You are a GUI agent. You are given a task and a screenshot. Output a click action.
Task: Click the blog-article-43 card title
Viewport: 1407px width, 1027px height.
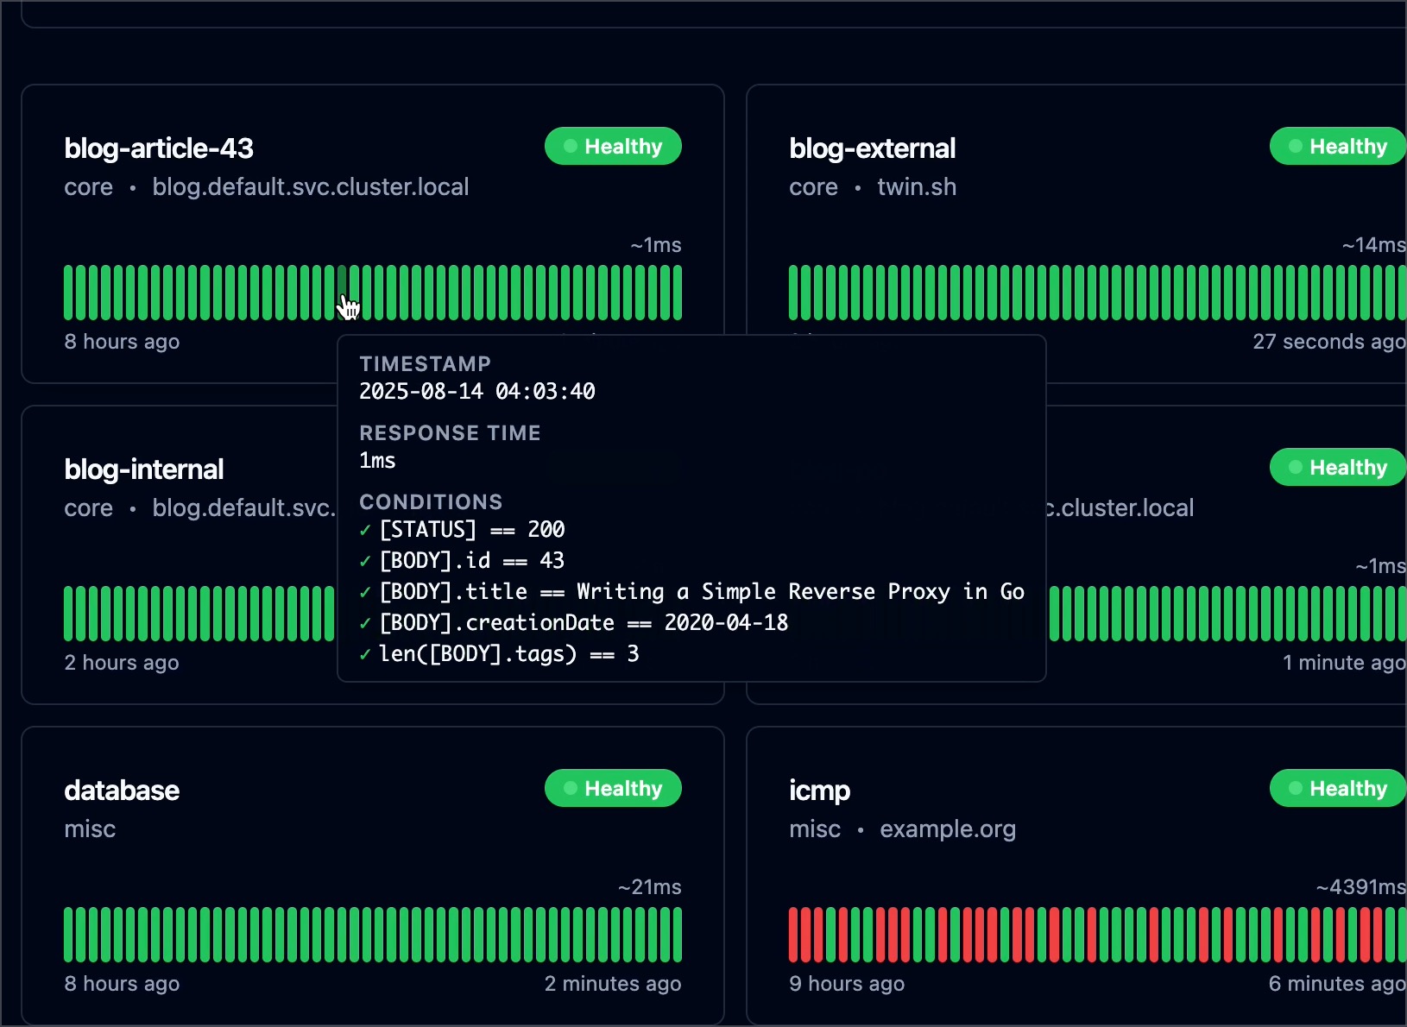point(159,148)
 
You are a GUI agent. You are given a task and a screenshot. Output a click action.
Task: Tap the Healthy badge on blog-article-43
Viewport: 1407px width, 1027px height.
point(613,147)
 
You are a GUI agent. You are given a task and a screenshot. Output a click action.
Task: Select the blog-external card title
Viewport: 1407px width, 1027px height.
point(872,148)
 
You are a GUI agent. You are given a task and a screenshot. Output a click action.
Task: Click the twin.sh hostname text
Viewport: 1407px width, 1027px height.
point(917,187)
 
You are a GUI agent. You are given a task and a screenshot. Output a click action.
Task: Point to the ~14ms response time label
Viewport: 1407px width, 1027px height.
point(1373,245)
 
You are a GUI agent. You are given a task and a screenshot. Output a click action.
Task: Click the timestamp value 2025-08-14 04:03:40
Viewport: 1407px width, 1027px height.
point(477,392)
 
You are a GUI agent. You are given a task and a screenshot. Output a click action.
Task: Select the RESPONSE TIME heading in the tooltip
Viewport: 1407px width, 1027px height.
point(450,433)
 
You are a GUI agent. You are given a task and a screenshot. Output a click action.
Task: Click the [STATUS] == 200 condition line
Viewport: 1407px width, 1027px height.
point(471,530)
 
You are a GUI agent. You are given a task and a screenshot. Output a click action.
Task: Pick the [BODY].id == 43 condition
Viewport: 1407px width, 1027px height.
point(471,561)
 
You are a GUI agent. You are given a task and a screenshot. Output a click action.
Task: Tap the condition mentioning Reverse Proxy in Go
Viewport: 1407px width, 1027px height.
point(701,592)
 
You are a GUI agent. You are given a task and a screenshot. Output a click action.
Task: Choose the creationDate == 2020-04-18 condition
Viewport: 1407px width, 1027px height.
point(584,623)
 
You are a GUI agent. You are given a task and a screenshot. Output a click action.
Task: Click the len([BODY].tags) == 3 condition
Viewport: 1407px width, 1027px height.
point(508,654)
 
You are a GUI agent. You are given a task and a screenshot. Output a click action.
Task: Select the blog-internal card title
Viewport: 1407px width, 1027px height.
point(144,469)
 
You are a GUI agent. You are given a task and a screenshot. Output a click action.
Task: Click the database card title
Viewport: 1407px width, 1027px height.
point(122,791)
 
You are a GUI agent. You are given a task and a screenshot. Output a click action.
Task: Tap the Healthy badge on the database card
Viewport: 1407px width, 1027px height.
point(613,789)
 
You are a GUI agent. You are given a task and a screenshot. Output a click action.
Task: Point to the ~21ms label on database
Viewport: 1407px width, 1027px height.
point(649,887)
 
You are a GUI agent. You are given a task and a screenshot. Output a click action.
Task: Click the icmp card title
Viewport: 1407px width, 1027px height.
point(819,791)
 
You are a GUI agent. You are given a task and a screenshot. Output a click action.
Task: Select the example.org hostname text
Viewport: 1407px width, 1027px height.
point(948,829)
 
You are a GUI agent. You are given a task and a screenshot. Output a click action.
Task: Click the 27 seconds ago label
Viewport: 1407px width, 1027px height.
point(1328,342)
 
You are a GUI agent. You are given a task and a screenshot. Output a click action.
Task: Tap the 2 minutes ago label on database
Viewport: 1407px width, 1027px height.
point(613,984)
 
